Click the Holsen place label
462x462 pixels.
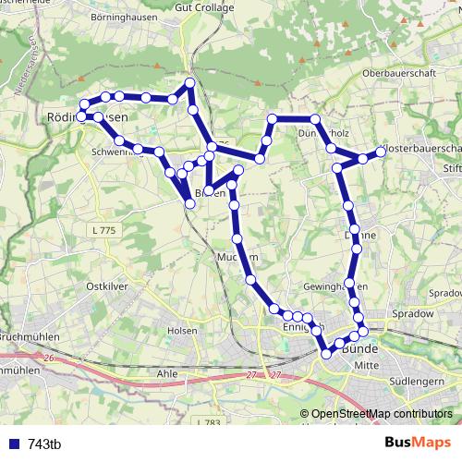[x=183, y=330]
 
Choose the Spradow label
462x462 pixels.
[x=412, y=314]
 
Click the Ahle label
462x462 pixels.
[x=167, y=373]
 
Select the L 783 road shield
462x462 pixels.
[x=210, y=422]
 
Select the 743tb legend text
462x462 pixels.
[x=43, y=444]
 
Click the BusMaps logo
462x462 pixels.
[x=419, y=443]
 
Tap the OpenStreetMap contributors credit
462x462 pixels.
[x=381, y=414]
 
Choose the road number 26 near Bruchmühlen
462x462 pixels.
[x=49, y=356]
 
